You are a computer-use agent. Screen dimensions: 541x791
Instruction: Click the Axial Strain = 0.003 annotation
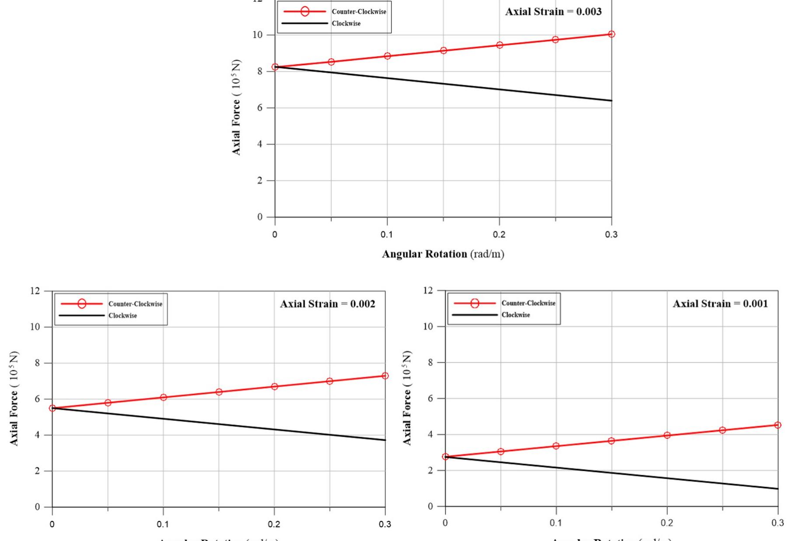point(553,12)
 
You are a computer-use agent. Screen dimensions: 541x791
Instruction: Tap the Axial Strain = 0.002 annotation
point(327,304)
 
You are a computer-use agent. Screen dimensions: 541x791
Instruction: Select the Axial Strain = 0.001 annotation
point(720,304)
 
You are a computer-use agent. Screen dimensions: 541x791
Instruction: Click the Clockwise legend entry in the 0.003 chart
point(346,24)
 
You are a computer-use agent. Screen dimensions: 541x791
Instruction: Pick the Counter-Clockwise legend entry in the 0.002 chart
point(135,304)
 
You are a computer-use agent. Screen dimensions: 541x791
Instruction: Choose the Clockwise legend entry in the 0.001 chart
point(516,315)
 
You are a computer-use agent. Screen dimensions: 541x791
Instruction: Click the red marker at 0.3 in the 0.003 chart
point(611,34)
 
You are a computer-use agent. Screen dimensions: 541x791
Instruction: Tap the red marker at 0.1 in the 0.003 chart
point(387,56)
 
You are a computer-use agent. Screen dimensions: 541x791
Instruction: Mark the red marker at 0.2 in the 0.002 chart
point(274,386)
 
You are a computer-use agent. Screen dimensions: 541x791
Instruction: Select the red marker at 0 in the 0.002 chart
point(52,408)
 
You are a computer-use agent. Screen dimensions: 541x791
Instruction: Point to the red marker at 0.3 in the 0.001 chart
point(777,425)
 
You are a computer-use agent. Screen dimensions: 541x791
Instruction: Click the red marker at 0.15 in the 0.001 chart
point(611,441)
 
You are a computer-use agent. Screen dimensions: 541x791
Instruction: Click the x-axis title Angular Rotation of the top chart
point(443,254)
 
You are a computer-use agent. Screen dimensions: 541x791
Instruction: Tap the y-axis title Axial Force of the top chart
point(236,107)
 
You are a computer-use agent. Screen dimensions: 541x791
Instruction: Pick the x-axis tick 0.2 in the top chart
point(499,235)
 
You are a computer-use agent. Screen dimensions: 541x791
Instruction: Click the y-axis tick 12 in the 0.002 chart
point(35,291)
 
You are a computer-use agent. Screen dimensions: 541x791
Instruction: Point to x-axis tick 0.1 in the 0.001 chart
point(556,523)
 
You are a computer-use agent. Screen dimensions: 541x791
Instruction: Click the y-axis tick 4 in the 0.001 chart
point(430,434)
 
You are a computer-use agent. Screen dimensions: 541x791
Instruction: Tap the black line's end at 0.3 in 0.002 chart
point(385,440)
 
